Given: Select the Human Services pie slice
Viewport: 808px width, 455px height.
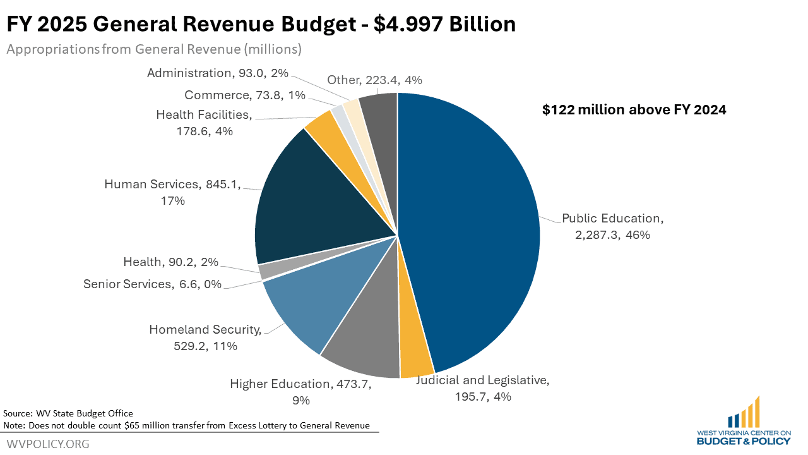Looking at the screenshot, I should [316, 202].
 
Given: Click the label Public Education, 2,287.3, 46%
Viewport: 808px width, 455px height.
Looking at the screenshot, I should [612, 226].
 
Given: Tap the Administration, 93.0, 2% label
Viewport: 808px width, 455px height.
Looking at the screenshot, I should [217, 73].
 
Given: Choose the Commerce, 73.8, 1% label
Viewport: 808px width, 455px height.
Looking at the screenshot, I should [245, 95].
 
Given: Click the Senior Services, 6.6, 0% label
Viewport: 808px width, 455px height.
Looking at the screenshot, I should [152, 284].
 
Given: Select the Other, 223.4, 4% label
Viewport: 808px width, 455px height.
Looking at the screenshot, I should [374, 80].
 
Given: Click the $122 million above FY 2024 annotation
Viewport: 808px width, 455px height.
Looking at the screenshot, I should [634, 110].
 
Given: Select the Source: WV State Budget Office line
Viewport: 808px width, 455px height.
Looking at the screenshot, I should [68, 413].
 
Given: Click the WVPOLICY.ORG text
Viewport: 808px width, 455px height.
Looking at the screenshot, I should [48, 444].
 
